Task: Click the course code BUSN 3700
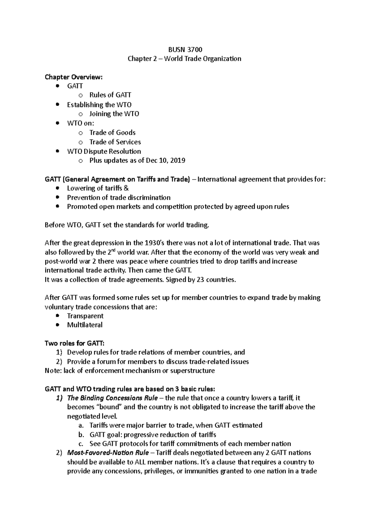point(185,49)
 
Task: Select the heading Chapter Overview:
point(73,77)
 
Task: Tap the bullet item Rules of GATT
point(110,95)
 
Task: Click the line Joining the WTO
point(114,114)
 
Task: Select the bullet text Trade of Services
point(115,142)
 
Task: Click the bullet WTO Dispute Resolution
point(104,152)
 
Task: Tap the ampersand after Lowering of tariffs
point(126,188)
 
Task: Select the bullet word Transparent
point(85,316)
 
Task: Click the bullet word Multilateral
point(85,325)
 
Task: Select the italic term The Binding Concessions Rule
point(113,398)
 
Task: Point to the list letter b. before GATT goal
point(81,435)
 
